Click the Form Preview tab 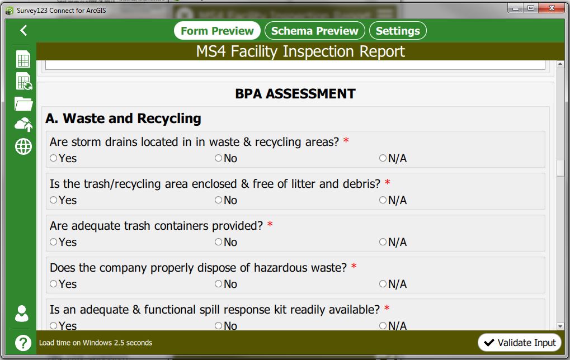217,31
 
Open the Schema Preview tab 314,31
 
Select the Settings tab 398,31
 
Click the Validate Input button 520,343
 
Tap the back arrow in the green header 23,30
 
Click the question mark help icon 23,343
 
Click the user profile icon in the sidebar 22,314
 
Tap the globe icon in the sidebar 23,147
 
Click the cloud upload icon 23,125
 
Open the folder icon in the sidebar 23,103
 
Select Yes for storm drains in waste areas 54,158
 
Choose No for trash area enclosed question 218,200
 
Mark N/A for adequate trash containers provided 383,242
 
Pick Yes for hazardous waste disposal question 54,284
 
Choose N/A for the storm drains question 383,158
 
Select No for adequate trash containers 218,242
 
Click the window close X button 552,8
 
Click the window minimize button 516,8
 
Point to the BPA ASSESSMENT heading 295,94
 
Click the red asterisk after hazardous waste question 354,266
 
